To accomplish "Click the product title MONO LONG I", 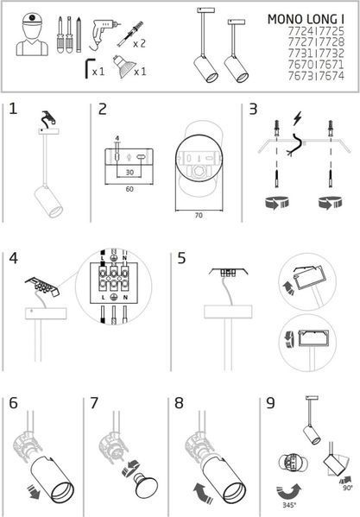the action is [x=306, y=19].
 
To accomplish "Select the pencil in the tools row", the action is [x=79, y=35].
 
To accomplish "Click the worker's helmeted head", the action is [x=32, y=25].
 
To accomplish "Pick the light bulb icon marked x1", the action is [x=123, y=66].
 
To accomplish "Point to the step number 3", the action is [x=253, y=109].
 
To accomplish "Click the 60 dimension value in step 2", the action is [x=129, y=189].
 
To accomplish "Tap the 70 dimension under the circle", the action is [x=199, y=215].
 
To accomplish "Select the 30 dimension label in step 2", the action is [x=129, y=172].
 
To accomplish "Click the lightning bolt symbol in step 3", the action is [x=298, y=119].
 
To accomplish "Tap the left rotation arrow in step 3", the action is [x=276, y=202].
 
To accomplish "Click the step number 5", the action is [x=181, y=258].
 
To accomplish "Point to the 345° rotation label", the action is [x=289, y=505].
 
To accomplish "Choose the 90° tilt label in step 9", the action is [x=347, y=488].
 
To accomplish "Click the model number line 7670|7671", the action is [x=316, y=65].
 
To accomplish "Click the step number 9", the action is [x=270, y=403].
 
